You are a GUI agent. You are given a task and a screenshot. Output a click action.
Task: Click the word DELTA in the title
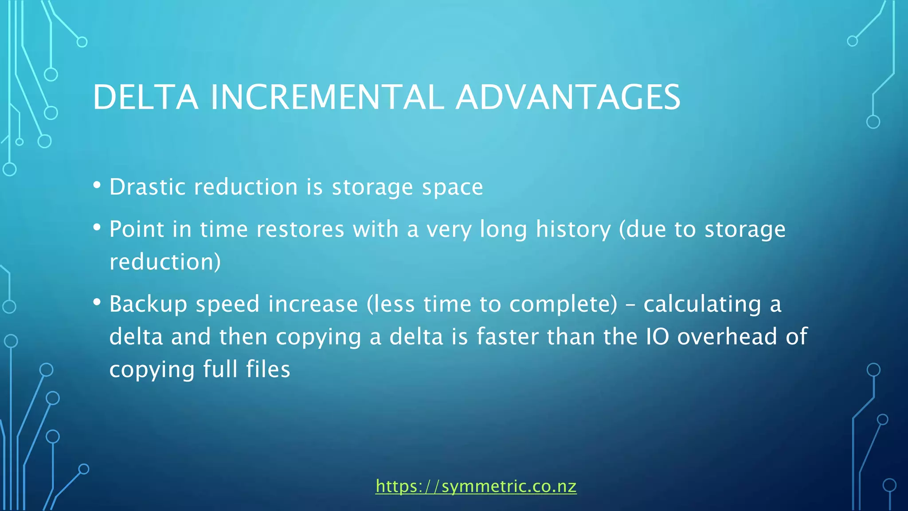tap(145, 97)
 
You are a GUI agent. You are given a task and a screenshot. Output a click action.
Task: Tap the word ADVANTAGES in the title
tap(568, 97)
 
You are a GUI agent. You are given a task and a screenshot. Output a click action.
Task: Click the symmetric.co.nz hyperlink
tap(476, 486)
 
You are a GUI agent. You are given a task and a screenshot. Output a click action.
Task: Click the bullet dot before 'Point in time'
tap(97, 228)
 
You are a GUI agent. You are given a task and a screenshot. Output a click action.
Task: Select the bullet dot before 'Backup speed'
tap(97, 303)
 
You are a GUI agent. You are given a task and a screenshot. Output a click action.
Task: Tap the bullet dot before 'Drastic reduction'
tap(97, 185)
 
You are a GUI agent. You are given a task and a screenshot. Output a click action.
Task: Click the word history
tap(573, 230)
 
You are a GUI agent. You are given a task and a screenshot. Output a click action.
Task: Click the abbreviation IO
tap(657, 336)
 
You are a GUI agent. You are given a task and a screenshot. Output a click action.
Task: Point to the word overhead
tap(727, 336)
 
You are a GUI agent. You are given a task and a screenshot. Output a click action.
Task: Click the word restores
tap(300, 229)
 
